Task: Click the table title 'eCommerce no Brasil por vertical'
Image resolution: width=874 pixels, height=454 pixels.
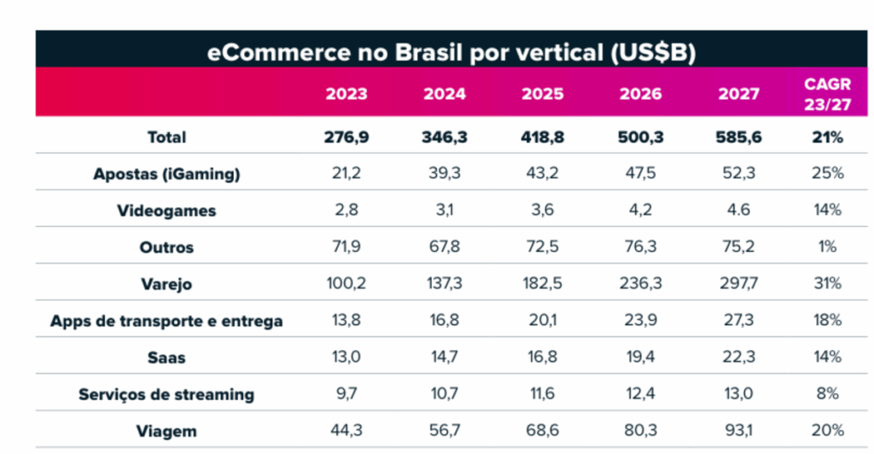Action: (x=452, y=52)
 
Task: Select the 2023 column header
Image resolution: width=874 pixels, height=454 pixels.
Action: (x=346, y=94)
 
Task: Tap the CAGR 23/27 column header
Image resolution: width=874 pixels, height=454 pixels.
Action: (x=825, y=93)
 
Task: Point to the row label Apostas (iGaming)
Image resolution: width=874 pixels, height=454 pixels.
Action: (x=166, y=174)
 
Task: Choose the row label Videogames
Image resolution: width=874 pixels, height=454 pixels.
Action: (x=166, y=211)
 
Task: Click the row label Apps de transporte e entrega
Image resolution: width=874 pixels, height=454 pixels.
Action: (x=166, y=321)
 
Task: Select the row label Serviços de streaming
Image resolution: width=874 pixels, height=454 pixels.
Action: (x=166, y=394)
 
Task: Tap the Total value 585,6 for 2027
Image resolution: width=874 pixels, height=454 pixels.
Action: (x=738, y=137)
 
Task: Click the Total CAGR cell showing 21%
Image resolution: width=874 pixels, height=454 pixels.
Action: (x=827, y=137)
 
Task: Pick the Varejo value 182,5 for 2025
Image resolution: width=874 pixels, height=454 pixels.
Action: (x=543, y=283)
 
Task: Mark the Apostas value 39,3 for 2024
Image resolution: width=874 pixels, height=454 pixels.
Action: (x=444, y=174)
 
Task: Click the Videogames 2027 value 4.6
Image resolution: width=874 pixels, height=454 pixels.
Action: (x=738, y=211)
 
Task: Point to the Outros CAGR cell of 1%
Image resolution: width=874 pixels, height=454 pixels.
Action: (x=827, y=247)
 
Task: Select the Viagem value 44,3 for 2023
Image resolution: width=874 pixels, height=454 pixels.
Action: (x=346, y=431)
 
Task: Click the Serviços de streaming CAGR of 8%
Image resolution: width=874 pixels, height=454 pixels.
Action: (x=827, y=394)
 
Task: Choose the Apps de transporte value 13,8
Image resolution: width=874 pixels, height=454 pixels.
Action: (x=346, y=321)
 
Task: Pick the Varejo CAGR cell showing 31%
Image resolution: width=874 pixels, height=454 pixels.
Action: (x=827, y=283)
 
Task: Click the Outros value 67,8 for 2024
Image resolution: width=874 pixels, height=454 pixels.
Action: (x=444, y=247)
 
